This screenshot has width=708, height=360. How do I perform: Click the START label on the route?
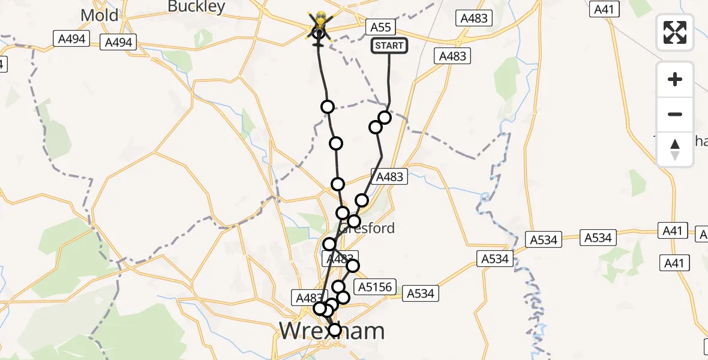(x=389, y=46)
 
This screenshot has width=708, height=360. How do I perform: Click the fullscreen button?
(x=675, y=32)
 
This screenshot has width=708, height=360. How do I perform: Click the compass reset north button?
(x=675, y=149)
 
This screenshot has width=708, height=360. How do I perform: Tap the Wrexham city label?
(x=332, y=331)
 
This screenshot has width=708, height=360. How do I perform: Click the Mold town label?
(x=99, y=15)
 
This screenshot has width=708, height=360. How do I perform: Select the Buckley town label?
(x=196, y=7)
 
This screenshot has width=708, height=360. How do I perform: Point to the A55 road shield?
(x=380, y=27)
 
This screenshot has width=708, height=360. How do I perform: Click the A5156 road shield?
(x=376, y=287)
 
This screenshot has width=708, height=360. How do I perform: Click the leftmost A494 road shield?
(x=71, y=40)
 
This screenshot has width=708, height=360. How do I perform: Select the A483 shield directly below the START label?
(x=452, y=56)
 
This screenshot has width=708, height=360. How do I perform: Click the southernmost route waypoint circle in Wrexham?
(x=335, y=329)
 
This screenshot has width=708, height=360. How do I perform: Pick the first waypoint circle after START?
(x=385, y=118)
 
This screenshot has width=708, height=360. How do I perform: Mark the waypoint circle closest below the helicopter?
(x=328, y=107)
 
